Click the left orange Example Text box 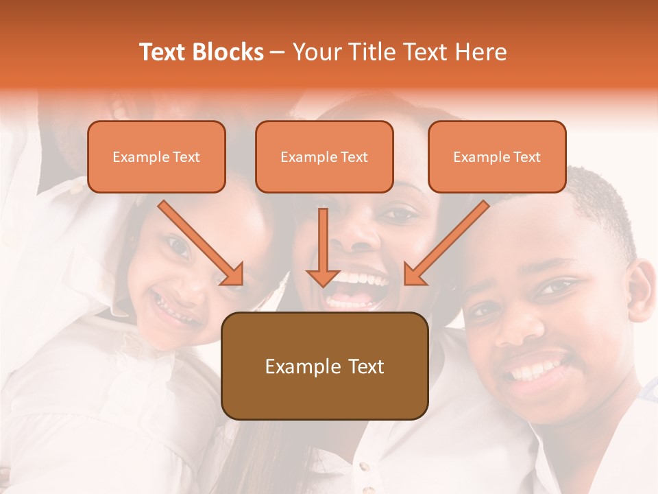156,156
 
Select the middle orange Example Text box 324,156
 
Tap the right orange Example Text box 497,156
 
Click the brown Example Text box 325,366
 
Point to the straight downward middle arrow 323,247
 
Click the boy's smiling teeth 538,371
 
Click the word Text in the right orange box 526,157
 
